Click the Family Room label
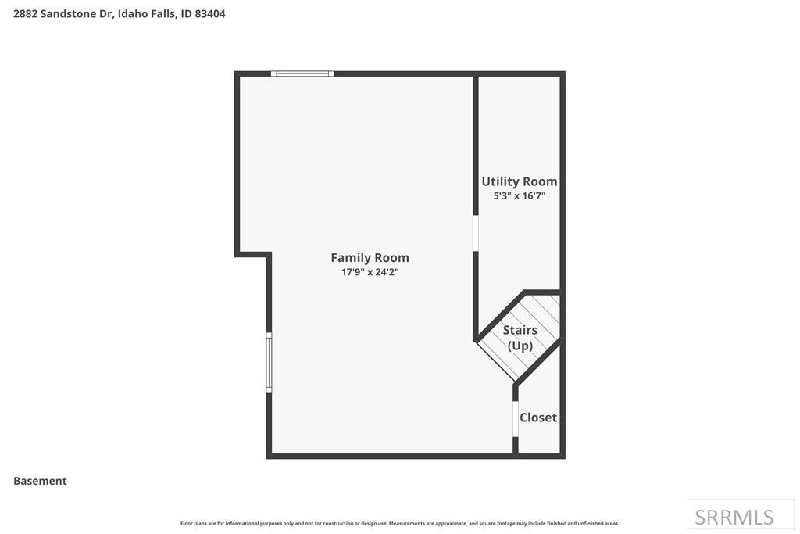(370, 257)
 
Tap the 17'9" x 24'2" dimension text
(370, 272)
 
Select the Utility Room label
(519, 181)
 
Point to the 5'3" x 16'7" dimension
(519, 196)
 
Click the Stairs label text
(520, 330)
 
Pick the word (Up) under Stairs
(520, 346)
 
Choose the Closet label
(538, 418)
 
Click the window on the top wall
(302, 73)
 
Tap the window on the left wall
(269, 362)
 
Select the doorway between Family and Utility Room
(476, 233)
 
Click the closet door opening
(515, 418)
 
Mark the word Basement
(40, 481)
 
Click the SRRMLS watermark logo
(734, 517)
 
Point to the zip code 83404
(210, 13)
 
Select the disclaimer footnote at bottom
(399, 523)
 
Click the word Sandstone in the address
(72, 13)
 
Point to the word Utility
(500, 181)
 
